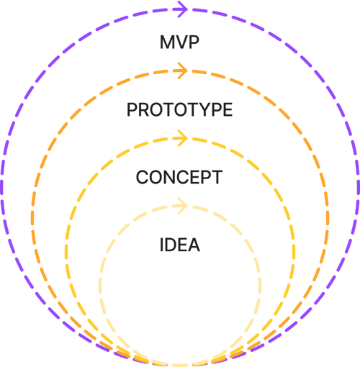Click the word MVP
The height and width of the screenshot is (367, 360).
(179, 42)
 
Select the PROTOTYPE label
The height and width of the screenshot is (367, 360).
(179, 109)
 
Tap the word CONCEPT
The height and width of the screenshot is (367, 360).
(179, 177)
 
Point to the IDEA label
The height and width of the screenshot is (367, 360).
(179, 245)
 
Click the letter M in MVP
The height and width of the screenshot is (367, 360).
(167, 42)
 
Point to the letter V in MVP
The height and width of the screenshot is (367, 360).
(181, 42)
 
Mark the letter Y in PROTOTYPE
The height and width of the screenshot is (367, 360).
(202, 109)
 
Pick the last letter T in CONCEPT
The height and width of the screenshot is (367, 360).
(217, 177)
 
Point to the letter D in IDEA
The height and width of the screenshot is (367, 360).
(171, 245)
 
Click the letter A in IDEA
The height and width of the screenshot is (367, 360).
(193, 245)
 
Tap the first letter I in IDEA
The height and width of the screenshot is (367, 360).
(161, 245)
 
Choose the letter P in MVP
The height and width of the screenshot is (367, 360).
(194, 42)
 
